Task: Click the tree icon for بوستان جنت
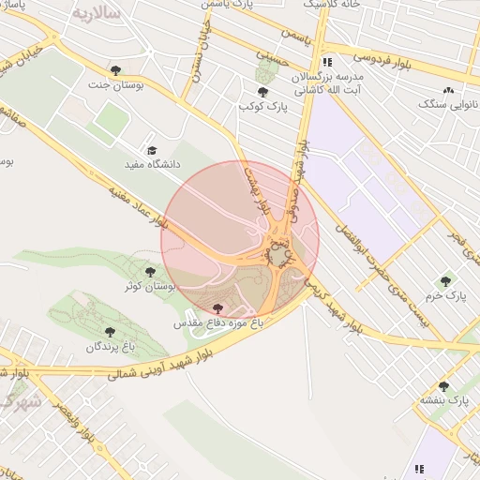[115, 70]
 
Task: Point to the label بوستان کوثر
[145, 285]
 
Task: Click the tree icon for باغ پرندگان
[110, 332]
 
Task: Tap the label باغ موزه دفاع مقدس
[218, 322]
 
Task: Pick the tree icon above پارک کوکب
[262, 92]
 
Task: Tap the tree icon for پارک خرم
[445, 280]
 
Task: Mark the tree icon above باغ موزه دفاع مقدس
[218, 308]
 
